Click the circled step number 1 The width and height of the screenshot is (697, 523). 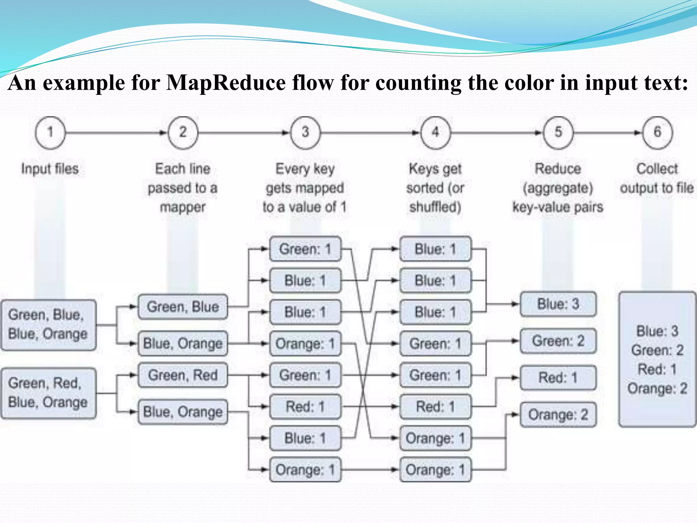[50, 132]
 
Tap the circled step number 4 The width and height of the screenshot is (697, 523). [435, 132]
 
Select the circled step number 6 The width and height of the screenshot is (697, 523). [657, 132]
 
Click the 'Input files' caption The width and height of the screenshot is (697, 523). [50, 169]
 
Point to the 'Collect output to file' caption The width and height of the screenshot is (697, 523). [657, 178]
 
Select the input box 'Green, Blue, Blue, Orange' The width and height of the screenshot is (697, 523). [48, 325]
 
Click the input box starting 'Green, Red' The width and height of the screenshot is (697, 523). [48, 393]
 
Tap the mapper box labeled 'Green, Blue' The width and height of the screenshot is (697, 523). [183, 307]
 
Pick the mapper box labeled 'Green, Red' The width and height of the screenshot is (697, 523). [183, 375]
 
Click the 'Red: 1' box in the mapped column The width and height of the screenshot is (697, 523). [305, 407]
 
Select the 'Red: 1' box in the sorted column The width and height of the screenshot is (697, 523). [435, 407]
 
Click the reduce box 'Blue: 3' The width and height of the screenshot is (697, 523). [558, 304]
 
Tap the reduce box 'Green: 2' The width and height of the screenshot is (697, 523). [558, 341]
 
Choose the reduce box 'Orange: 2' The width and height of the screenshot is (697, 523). [558, 415]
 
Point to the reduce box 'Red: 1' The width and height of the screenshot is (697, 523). [558, 378]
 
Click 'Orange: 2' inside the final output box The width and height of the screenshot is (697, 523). [657, 389]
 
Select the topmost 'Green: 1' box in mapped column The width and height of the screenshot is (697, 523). [305, 249]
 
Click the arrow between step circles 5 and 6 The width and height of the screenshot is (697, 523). [608, 132]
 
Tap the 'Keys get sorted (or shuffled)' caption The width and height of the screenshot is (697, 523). [435, 188]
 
